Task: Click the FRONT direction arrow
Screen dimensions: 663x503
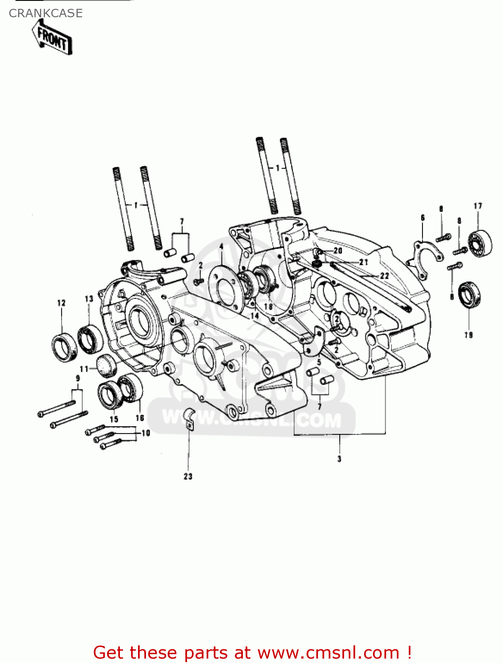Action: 52,38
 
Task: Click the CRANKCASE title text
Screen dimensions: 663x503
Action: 46,13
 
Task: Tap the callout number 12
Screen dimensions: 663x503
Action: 61,303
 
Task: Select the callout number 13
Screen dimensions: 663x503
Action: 89,299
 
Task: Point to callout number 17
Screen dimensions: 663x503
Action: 478,206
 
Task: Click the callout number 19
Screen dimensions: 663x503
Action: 468,335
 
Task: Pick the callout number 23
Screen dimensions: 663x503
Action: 188,476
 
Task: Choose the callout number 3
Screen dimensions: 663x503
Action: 339,459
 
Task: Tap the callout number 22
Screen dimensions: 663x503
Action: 384,276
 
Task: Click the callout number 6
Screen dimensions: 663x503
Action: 422,217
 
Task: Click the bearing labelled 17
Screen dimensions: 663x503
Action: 480,243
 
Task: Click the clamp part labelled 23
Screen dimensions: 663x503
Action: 189,418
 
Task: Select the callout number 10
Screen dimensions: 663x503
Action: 146,433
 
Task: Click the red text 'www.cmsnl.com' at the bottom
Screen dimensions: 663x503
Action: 328,652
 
